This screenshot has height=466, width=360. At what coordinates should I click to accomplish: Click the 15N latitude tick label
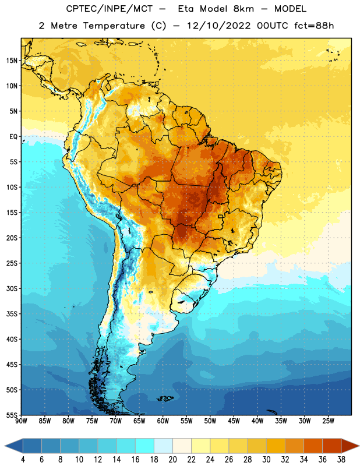(12, 61)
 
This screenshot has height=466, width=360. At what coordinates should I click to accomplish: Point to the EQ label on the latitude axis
(13, 137)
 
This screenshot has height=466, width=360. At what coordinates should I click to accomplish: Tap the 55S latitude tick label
(12, 415)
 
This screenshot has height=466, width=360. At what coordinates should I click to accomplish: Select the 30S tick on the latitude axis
(12, 288)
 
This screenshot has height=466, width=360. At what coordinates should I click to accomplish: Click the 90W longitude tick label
(21, 421)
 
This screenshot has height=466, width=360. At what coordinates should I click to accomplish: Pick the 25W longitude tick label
(328, 421)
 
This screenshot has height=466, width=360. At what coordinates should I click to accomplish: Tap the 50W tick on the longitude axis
(210, 421)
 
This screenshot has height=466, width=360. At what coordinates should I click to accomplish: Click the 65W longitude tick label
(139, 421)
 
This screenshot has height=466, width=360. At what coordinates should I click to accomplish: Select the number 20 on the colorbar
(172, 460)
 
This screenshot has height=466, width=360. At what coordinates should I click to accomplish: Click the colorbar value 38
(341, 460)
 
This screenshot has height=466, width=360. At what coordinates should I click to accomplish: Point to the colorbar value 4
(23, 460)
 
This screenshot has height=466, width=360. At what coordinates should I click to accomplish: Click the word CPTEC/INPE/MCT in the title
(110, 9)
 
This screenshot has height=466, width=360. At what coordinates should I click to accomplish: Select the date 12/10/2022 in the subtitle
(219, 26)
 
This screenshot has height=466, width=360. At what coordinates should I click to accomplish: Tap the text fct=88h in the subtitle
(314, 26)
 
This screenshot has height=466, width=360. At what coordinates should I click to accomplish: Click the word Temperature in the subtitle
(114, 26)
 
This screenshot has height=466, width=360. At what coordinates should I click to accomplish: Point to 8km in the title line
(243, 9)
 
